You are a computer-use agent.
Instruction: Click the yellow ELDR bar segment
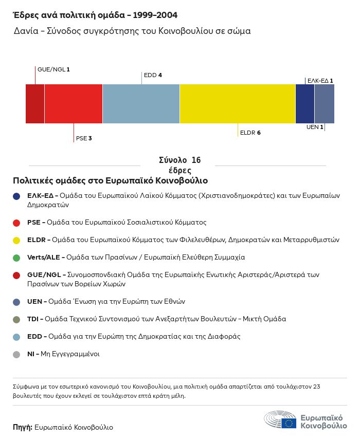(238, 104)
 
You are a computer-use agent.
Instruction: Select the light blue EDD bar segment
(141, 104)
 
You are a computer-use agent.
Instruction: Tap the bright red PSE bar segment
(74, 104)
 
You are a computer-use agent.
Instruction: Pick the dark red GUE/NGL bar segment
(35, 104)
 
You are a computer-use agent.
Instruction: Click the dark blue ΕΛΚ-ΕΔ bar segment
(305, 104)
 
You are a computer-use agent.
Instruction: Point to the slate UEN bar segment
(325, 104)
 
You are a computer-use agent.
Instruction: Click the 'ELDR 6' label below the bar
(250, 133)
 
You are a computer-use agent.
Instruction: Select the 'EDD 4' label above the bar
(153, 75)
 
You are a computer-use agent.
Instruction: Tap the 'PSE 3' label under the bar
(84, 138)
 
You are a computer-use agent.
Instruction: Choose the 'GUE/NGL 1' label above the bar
(53, 69)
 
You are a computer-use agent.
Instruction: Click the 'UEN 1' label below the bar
(315, 127)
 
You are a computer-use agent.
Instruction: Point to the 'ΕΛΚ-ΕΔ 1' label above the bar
(320, 81)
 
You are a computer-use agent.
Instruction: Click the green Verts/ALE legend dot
(17, 258)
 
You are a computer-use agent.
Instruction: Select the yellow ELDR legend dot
(17, 240)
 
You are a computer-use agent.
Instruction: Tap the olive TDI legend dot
(17, 319)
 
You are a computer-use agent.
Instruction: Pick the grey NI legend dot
(17, 354)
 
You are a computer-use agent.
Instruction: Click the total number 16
(195, 160)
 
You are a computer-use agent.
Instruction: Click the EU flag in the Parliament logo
(289, 423)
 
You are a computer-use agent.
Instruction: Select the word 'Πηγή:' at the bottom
(23, 427)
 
